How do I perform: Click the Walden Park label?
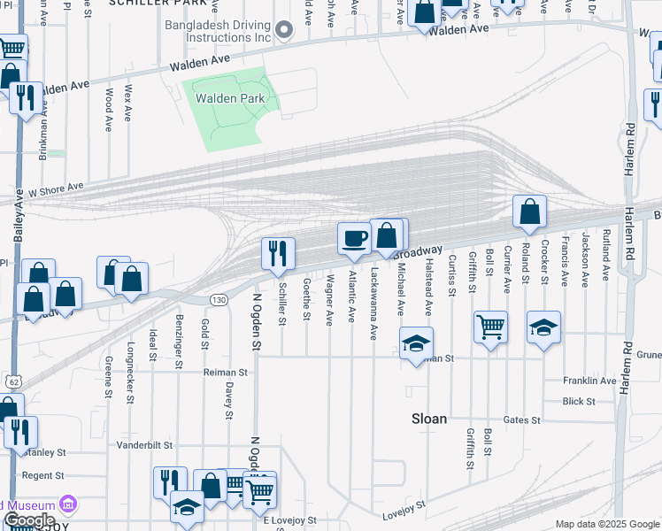231,99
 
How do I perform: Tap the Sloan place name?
427,419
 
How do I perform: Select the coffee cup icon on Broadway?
354,238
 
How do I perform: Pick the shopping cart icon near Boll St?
490,327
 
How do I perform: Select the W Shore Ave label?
55,188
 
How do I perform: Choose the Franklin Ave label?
590,381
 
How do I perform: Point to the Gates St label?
521,419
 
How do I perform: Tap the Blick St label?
579,401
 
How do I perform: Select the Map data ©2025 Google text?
606,524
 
